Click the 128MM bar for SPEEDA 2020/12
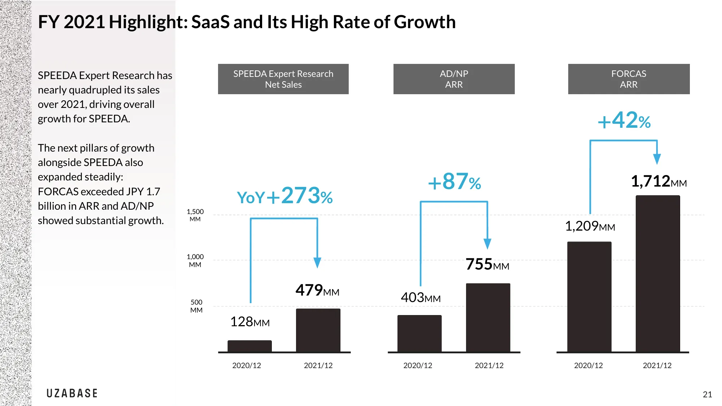pyautogui.click(x=249, y=346)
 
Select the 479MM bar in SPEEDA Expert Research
pyautogui.click(x=318, y=330)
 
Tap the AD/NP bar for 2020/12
pyautogui.click(x=419, y=333)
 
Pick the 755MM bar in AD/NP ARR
pyautogui.click(x=488, y=317)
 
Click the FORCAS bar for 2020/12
pyautogui.click(x=589, y=296)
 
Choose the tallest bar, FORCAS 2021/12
pyautogui.click(x=658, y=273)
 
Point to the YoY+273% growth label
pyautogui.click(x=284, y=196)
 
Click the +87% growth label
pyautogui.click(x=454, y=182)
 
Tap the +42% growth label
pyautogui.click(x=624, y=121)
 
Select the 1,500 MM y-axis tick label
pyautogui.click(x=195, y=215)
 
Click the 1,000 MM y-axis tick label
pyautogui.click(x=195, y=261)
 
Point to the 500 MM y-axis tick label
pyautogui.click(x=196, y=306)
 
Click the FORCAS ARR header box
pyautogui.click(x=629, y=79)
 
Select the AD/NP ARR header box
pyautogui.click(x=454, y=79)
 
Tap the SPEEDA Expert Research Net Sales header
pyautogui.click(x=283, y=79)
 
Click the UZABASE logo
pyautogui.click(x=72, y=393)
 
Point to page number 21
pyautogui.click(x=707, y=394)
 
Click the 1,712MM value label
pyautogui.click(x=658, y=182)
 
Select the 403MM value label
pyautogui.click(x=421, y=298)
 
